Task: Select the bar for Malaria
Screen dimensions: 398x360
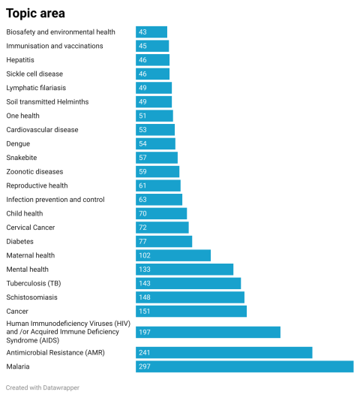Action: [x=244, y=366]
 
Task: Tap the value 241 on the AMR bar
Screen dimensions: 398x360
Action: [x=144, y=352]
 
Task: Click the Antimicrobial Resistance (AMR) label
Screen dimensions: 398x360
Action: [x=55, y=352]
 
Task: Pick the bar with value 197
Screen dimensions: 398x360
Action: [x=208, y=332]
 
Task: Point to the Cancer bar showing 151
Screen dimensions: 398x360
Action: [x=191, y=311]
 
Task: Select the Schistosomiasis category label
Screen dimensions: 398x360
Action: [x=32, y=297]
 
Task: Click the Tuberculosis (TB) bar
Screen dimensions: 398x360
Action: [x=188, y=283]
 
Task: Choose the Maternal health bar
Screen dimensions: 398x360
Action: [x=173, y=255]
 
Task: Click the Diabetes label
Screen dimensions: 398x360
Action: [x=21, y=242]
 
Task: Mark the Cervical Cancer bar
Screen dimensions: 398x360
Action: [x=162, y=228]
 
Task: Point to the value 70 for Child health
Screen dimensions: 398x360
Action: [x=142, y=214]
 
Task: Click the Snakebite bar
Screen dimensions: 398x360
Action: [x=157, y=158]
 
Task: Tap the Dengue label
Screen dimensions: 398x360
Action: [x=19, y=143]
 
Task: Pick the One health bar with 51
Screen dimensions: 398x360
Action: [x=154, y=116]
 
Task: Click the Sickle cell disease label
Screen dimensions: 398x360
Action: [x=34, y=74]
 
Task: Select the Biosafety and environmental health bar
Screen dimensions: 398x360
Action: [x=151, y=32]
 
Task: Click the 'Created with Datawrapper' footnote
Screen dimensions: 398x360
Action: [x=42, y=387]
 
